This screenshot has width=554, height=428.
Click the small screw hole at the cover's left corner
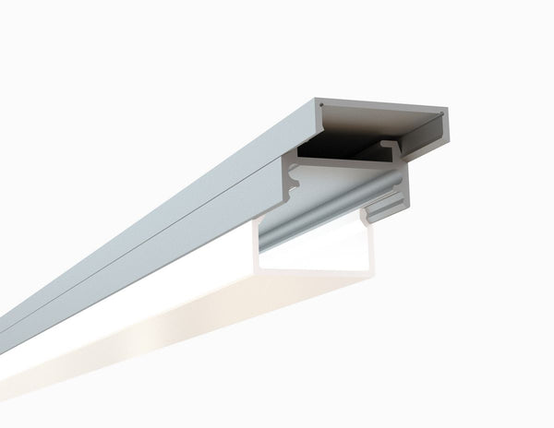[x=320, y=107]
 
